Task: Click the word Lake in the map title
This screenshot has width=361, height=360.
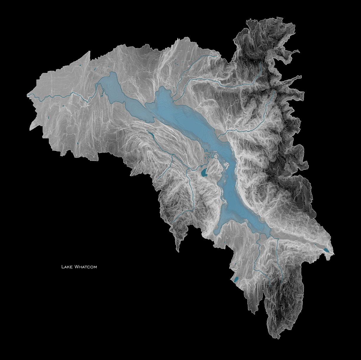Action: [x=67, y=267]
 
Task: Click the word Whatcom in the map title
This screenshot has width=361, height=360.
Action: [x=86, y=267]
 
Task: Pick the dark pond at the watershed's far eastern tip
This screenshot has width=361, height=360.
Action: [x=326, y=250]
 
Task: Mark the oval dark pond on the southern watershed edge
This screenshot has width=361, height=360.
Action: [x=236, y=279]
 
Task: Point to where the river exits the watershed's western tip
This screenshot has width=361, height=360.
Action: [x=28, y=95]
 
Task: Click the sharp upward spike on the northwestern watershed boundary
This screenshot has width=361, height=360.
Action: [x=89, y=52]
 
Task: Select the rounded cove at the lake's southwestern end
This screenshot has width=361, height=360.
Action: [x=218, y=230]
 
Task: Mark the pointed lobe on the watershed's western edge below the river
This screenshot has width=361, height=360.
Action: [x=30, y=129]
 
